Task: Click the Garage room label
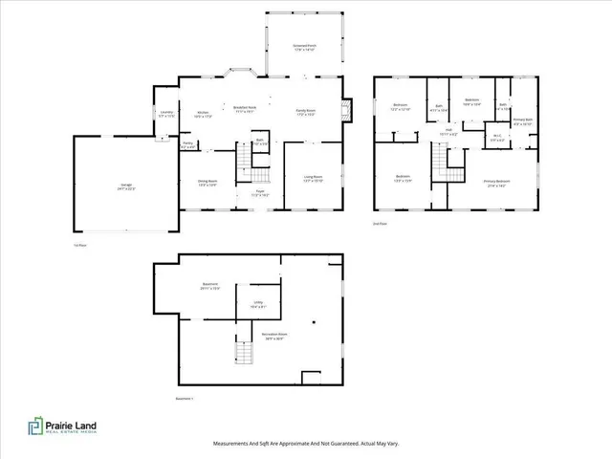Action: click(x=126, y=187)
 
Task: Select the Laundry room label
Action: click(x=164, y=115)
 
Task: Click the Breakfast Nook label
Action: click(x=246, y=109)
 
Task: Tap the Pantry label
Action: click(x=188, y=145)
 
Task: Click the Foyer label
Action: click(x=259, y=192)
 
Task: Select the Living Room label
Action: click(x=313, y=178)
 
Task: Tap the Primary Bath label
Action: click(x=523, y=122)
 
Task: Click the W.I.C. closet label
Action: click(x=497, y=137)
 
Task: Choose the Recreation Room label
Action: click(x=274, y=337)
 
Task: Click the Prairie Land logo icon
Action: click(x=33, y=427)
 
